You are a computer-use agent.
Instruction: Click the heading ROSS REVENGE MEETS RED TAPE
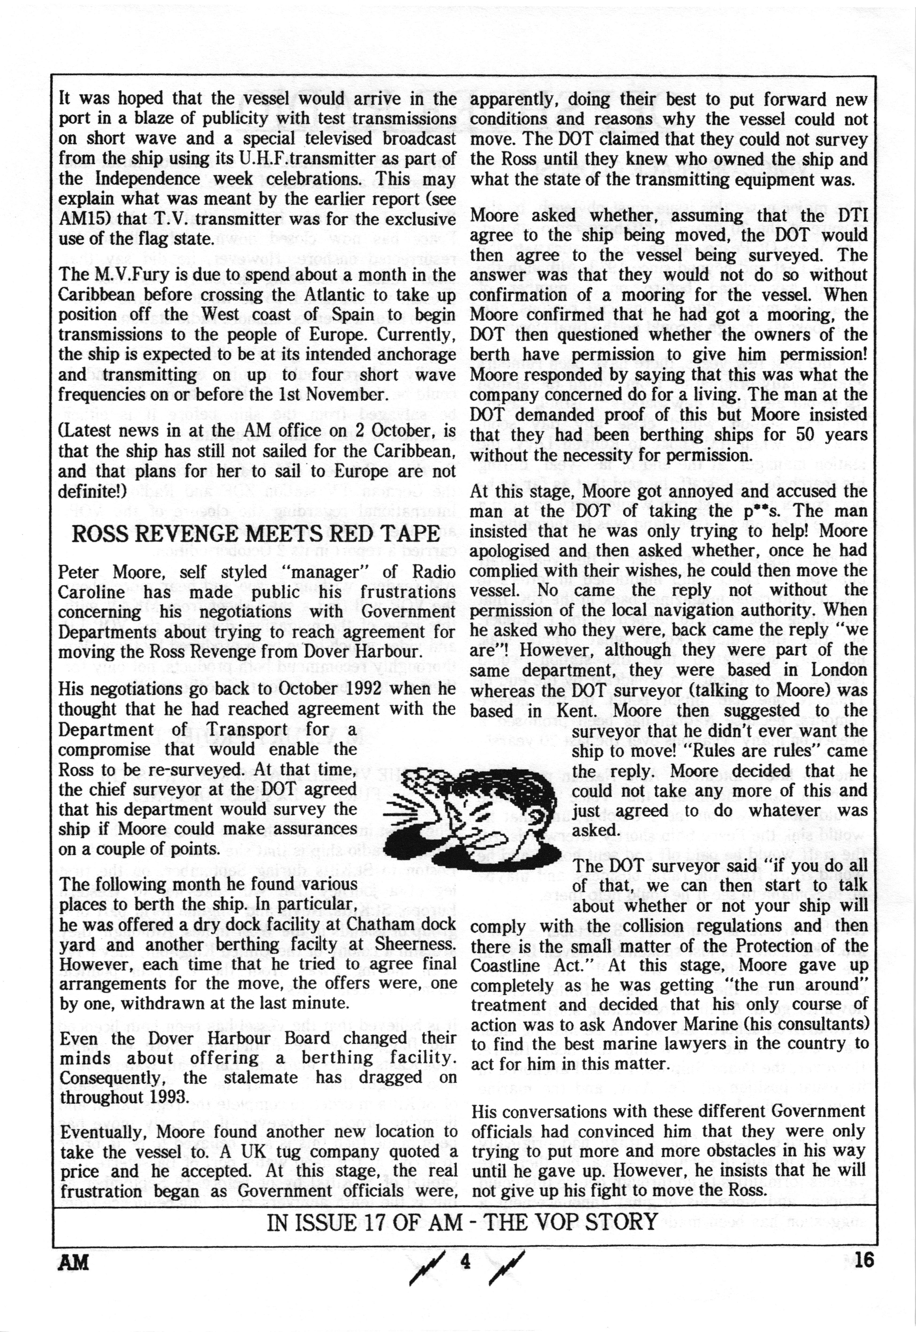point(255,534)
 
